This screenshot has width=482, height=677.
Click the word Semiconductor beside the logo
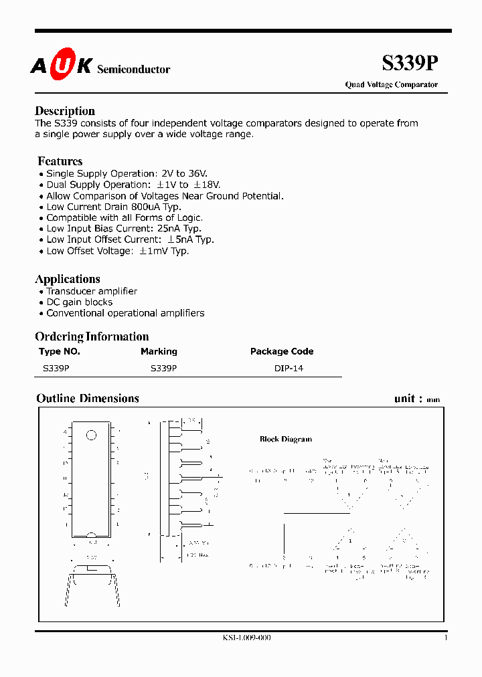tap(134, 70)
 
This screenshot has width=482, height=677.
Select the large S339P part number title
tap(410, 64)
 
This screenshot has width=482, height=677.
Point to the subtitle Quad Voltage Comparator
tap(391, 85)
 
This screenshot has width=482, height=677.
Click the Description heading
tap(65, 111)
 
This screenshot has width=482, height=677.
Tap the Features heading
tap(60, 161)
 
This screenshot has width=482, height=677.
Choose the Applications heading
tap(68, 279)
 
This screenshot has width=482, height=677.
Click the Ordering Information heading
tap(92, 336)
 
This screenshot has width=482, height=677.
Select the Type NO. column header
tap(60, 351)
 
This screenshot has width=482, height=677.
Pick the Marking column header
tap(159, 351)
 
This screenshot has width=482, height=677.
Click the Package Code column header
tap(282, 351)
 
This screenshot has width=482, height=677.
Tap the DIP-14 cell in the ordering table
tap(289, 368)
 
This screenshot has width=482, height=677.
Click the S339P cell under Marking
tap(163, 368)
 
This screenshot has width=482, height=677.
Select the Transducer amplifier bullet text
tap(92, 291)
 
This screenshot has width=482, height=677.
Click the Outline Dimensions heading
tap(88, 399)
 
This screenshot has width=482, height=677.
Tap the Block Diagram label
tap(286, 440)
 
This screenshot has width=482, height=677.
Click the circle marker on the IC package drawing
tap(91, 436)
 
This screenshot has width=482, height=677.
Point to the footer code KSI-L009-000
tap(246, 638)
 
